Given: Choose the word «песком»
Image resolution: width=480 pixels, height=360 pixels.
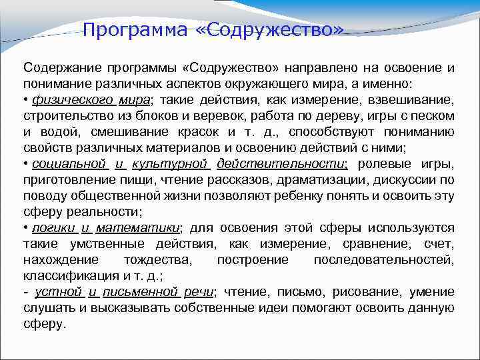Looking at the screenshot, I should pos(434,117).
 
